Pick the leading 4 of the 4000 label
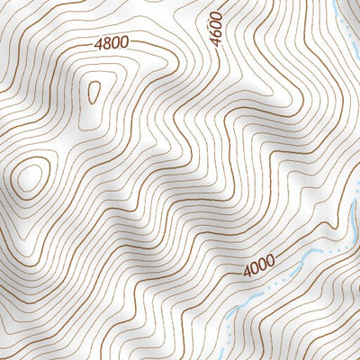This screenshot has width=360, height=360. pyautogui.click(x=247, y=271)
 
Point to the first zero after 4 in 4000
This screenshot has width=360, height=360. pyautogui.click(x=254, y=267)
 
